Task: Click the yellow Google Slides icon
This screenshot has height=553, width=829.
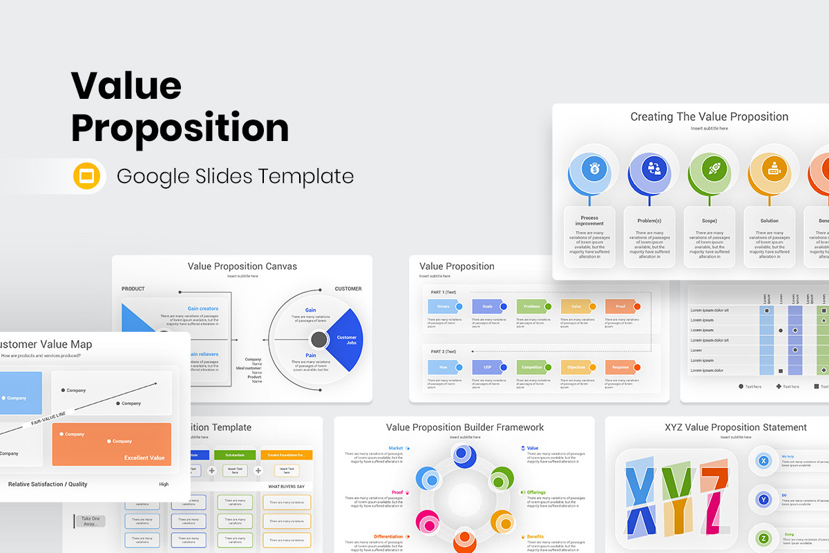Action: coord(87,176)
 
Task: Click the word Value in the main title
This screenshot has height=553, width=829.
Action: coord(126,86)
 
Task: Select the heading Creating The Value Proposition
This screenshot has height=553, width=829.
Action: coord(709,117)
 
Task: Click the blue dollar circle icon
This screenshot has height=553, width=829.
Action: coord(593,167)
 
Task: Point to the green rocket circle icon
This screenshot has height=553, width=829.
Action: coord(714,167)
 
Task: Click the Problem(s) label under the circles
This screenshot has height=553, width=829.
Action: coord(649,221)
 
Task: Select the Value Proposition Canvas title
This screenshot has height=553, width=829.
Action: coord(242,266)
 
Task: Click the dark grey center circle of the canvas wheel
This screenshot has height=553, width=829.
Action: coord(318,339)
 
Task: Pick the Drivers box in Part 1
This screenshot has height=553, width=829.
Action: coord(444,306)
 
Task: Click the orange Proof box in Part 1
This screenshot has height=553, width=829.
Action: coord(620,306)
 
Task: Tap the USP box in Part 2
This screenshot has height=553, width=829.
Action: coord(488,367)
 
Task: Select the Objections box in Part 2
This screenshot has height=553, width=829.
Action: coord(576,367)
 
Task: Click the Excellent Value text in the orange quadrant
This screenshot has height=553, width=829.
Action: coord(144,458)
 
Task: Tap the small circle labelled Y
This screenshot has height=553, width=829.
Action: coord(763,499)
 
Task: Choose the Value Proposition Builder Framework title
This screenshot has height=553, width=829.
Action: coord(464,427)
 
